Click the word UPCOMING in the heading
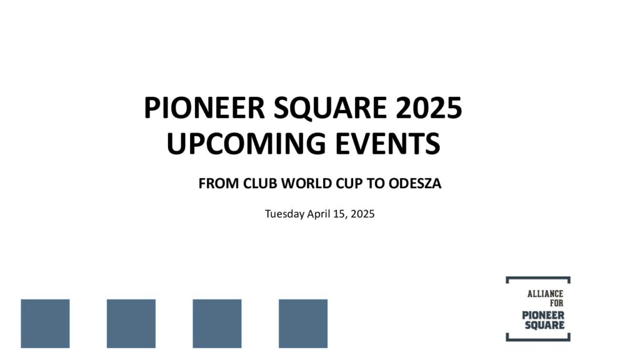[246, 143]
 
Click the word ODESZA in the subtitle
[415, 184]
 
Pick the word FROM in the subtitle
[219, 184]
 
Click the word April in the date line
[318, 214]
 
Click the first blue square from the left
[45, 324]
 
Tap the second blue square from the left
[131, 324]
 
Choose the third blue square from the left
[217, 324]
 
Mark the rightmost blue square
[303, 324]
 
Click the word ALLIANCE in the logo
[545, 294]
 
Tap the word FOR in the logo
[556, 303]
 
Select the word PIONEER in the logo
[543, 315]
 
